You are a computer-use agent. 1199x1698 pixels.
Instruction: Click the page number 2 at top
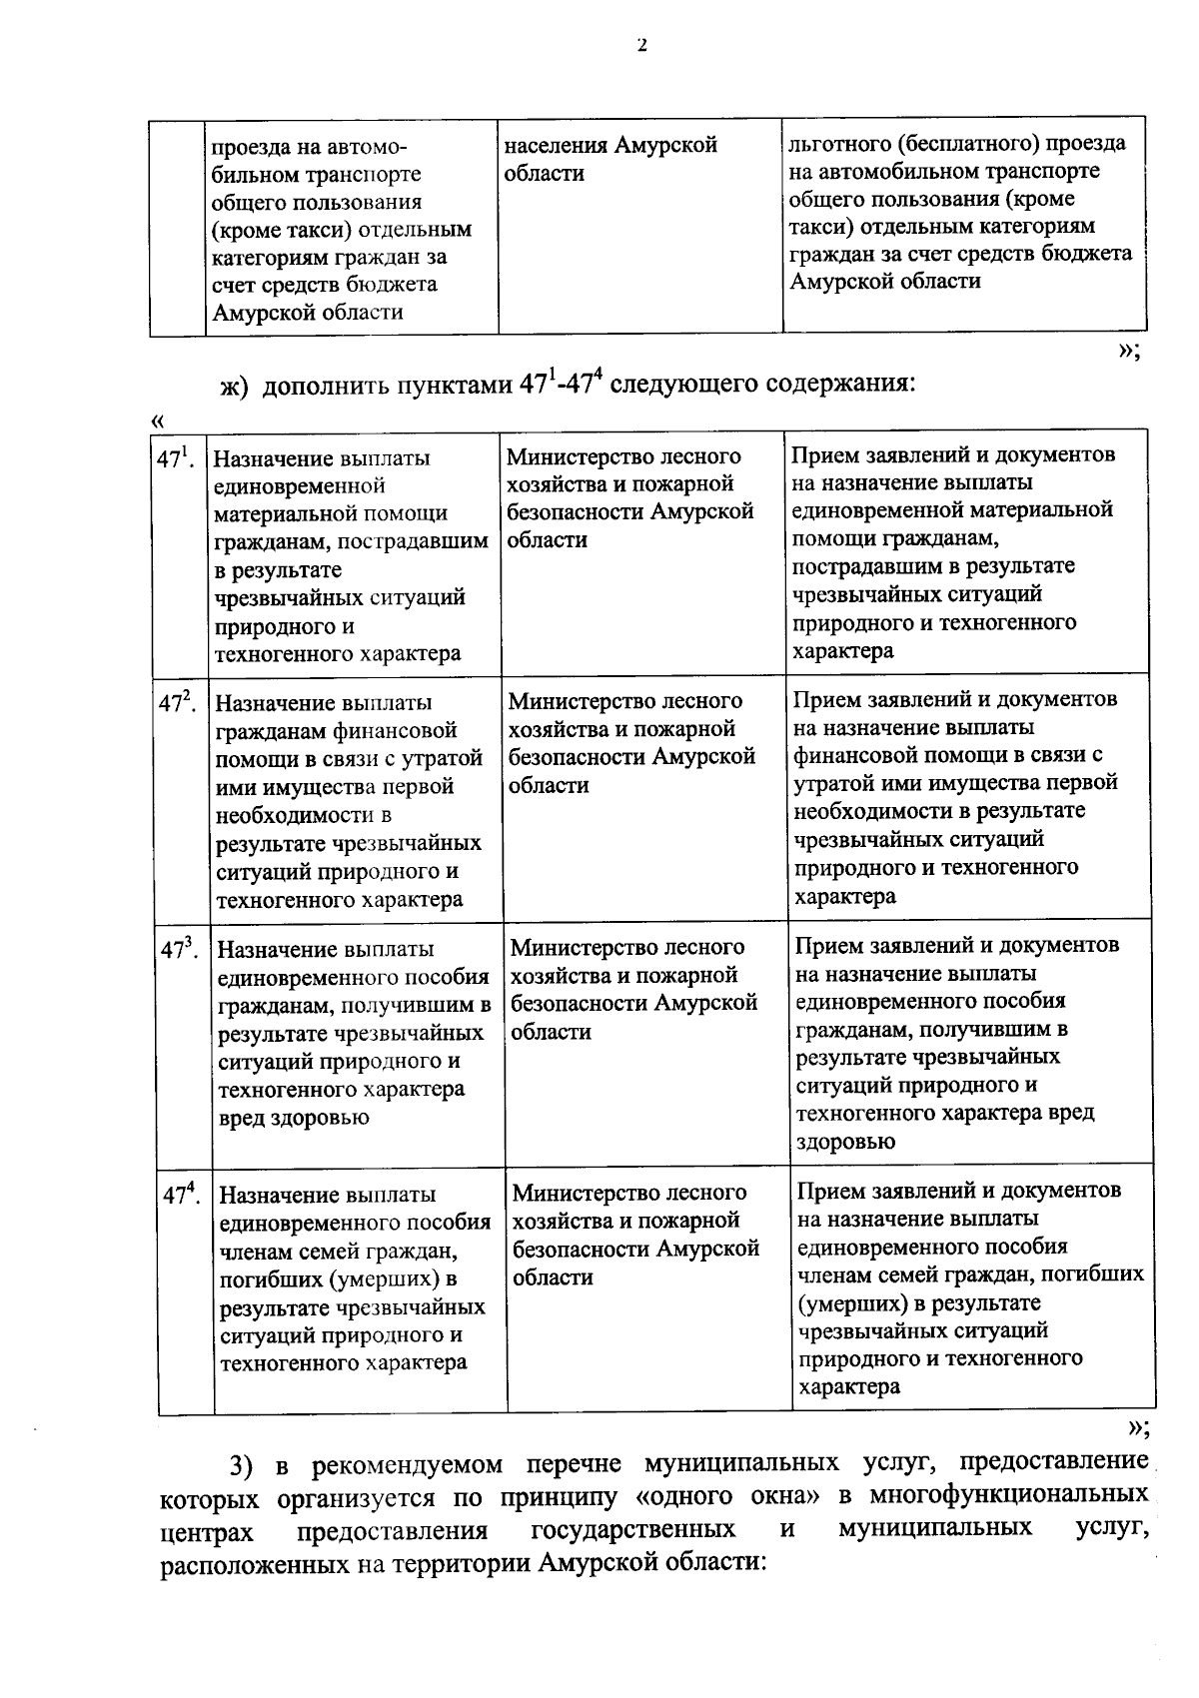tap(640, 44)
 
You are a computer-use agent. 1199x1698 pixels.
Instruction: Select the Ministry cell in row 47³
tap(632, 989)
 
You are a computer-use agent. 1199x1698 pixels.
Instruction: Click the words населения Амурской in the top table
tap(610, 146)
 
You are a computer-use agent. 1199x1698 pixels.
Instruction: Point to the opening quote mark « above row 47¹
tap(156, 422)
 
